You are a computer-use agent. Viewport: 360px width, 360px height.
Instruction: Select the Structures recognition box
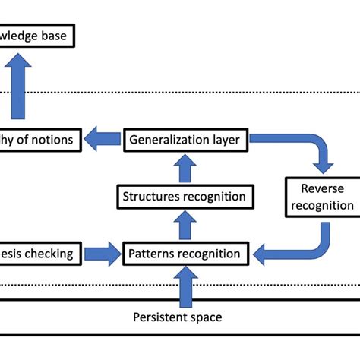click(x=185, y=197)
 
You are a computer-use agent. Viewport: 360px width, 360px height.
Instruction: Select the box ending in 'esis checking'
click(x=38, y=254)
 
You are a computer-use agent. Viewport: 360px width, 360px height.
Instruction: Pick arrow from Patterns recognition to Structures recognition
click(x=185, y=226)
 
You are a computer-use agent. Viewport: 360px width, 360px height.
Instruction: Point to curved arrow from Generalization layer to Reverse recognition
click(x=304, y=148)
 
